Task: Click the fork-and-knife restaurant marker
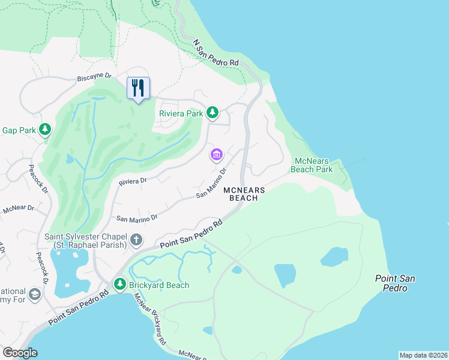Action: [138, 88]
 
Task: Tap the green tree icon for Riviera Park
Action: [212, 112]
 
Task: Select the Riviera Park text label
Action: [181, 113]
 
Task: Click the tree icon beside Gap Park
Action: [44, 130]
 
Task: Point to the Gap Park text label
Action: [19, 130]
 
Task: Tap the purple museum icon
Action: [216, 155]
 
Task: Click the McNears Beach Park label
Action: [313, 165]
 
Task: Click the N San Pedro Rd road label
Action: [216, 54]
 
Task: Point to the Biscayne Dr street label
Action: [94, 77]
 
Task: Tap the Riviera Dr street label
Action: [133, 181]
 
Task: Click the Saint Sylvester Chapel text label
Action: [85, 240]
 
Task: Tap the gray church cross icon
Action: [136, 241]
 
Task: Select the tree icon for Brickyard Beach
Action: [120, 284]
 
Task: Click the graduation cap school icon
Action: [34, 294]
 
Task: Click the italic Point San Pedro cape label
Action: [395, 283]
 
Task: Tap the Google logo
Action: [20, 353]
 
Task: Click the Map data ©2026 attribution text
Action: [423, 355]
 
